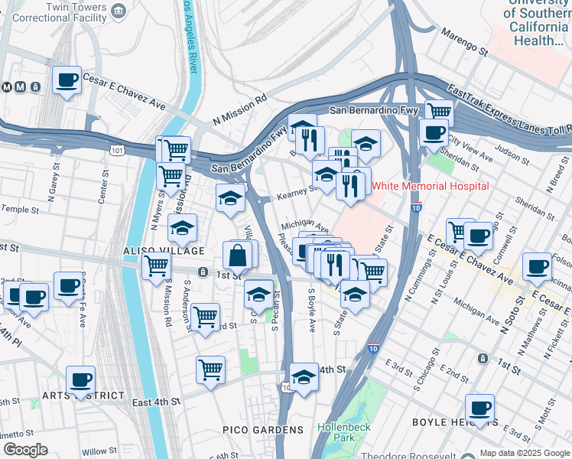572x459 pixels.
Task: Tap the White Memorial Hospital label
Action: point(430,186)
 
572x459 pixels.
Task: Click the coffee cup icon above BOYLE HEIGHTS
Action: point(479,408)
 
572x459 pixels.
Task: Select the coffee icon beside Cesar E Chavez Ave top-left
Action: point(67,79)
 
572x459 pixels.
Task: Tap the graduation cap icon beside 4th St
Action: point(304,376)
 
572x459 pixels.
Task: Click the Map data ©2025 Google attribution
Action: point(525,453)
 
